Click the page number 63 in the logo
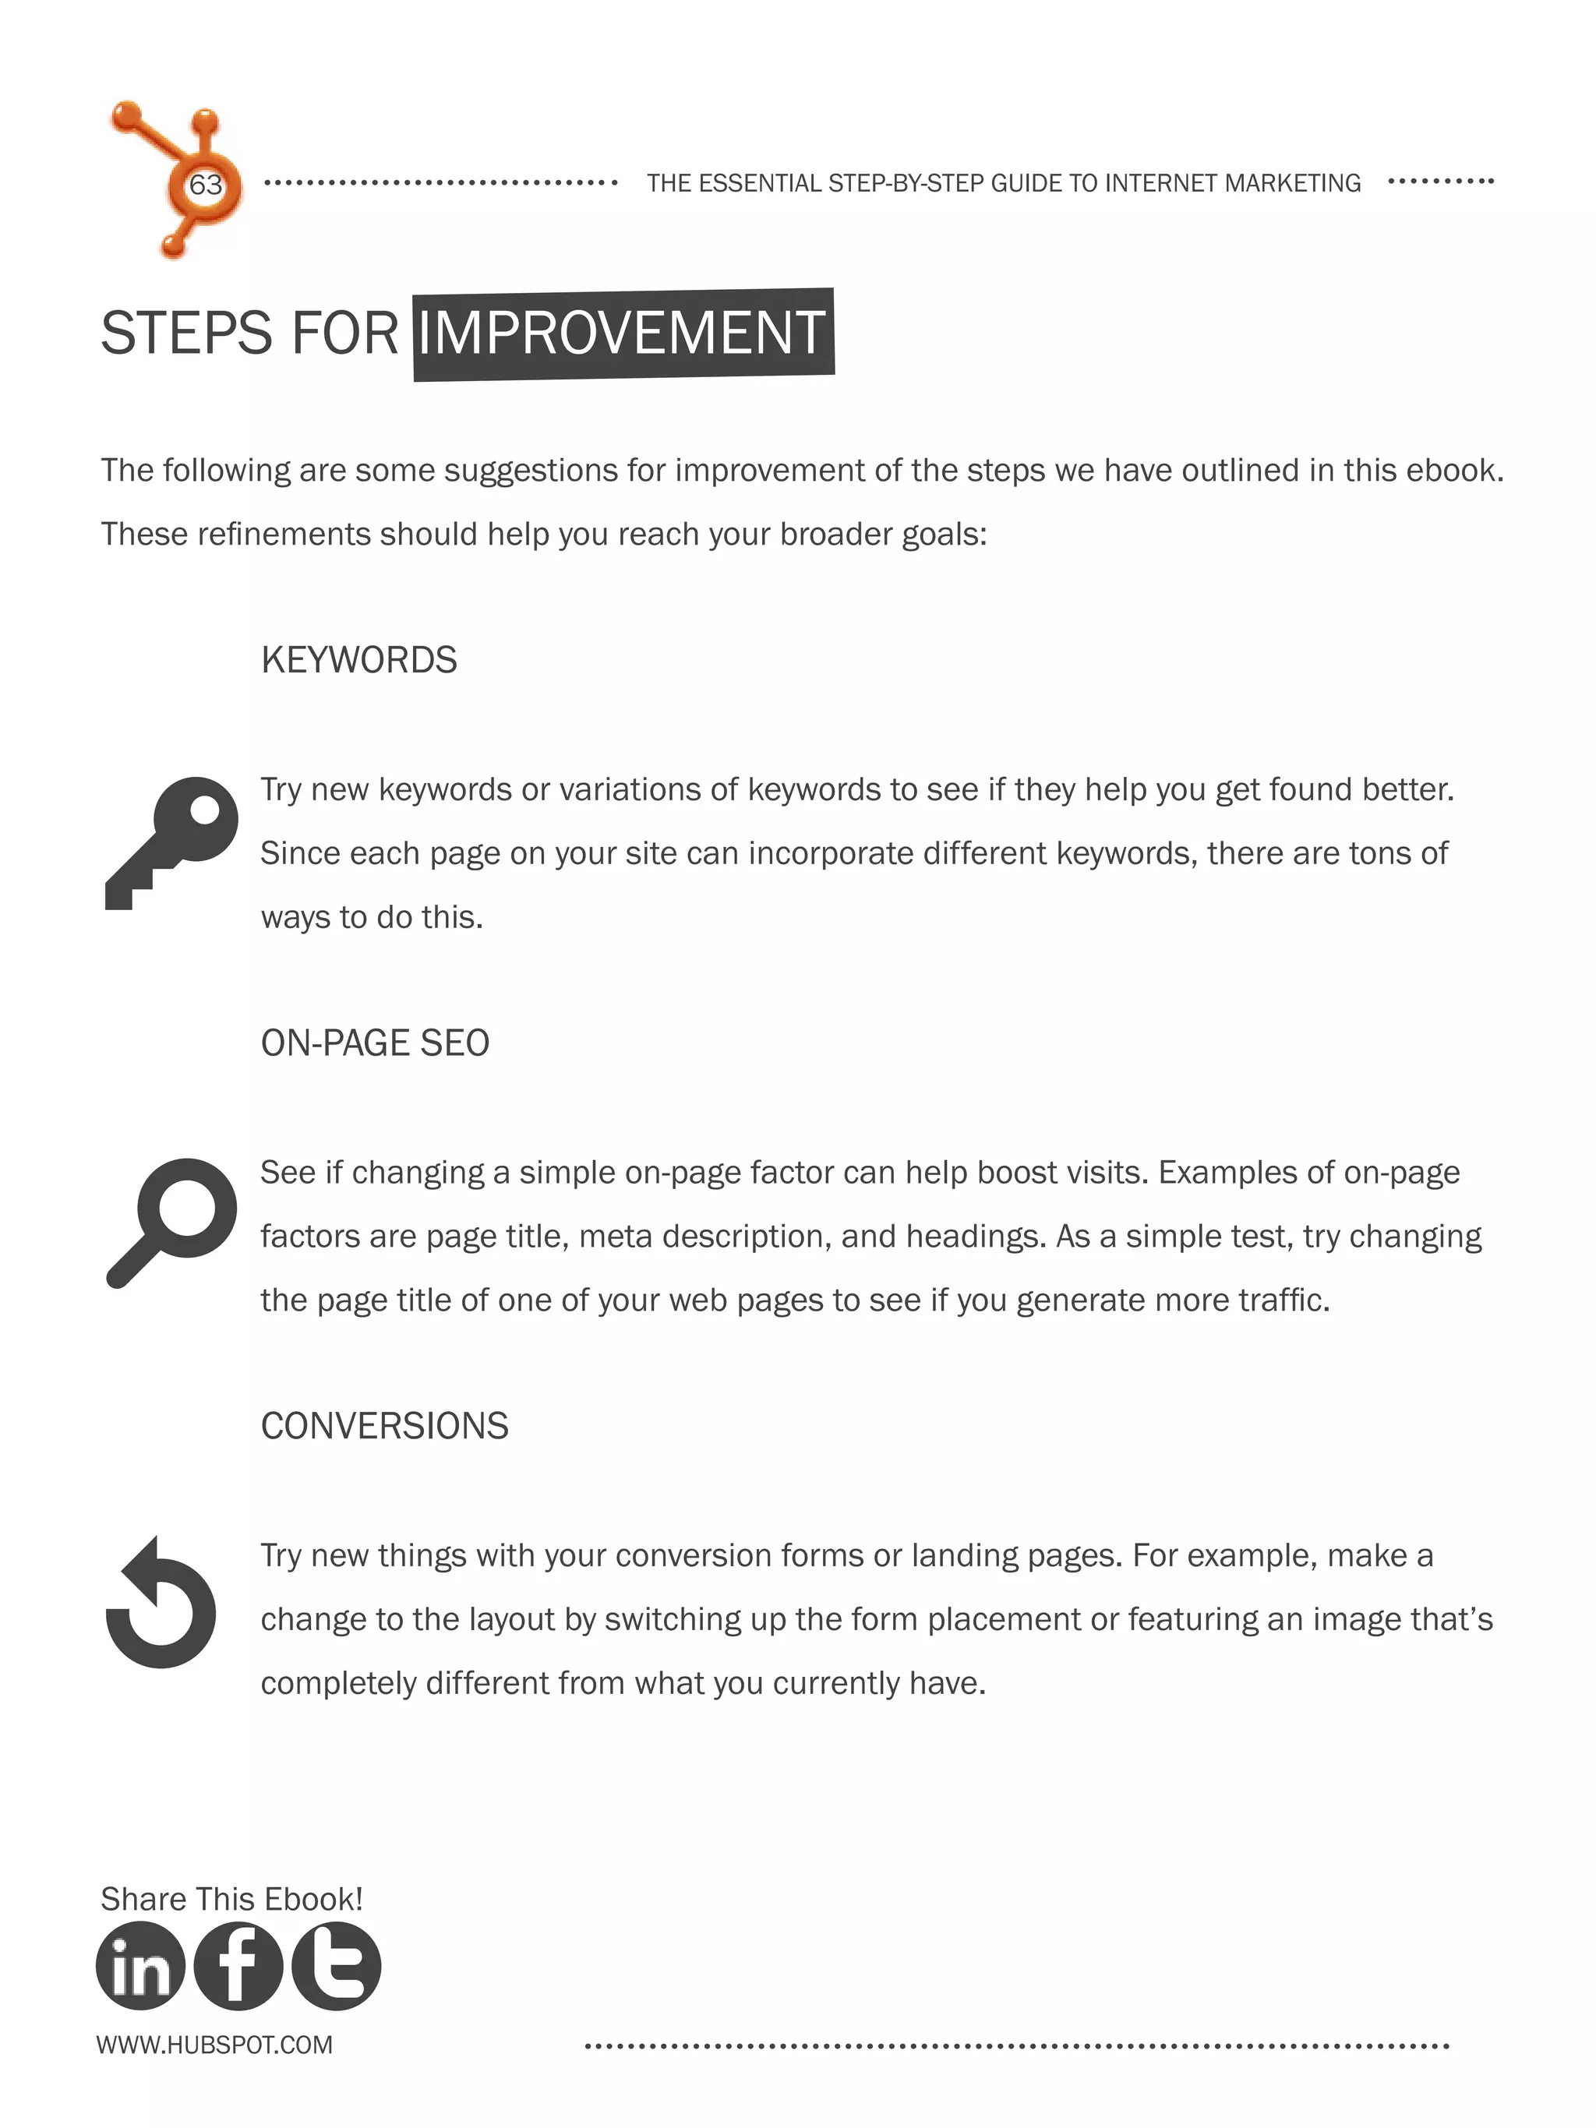205,185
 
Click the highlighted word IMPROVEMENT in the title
623,333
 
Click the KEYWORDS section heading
358,660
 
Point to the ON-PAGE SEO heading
375,1043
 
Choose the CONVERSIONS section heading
384,1426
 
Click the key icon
171,842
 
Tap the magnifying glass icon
171,1222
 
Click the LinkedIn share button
140,1967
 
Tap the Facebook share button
238,1967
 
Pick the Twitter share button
336,1967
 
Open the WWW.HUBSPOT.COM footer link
214,2045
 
